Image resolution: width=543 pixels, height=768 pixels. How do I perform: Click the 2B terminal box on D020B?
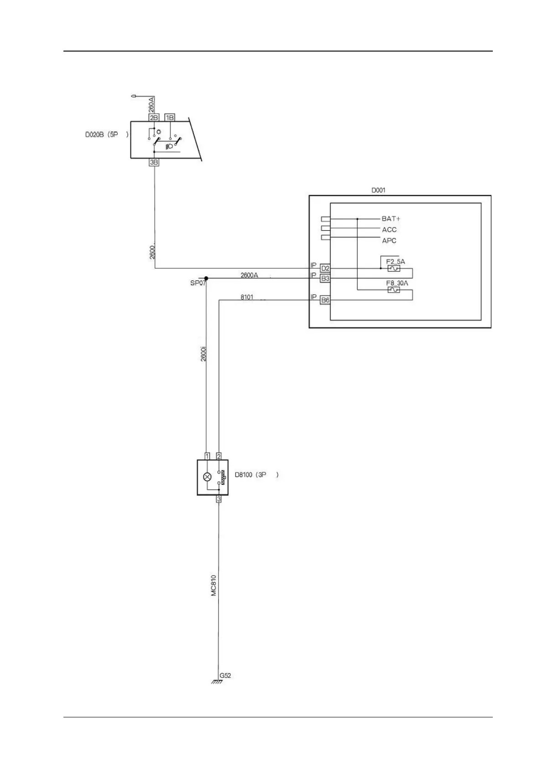tap(154, 118)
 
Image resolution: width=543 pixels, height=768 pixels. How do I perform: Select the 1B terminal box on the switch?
tap(170, 118)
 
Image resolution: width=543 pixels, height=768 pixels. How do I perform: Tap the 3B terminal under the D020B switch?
tap(154, 162)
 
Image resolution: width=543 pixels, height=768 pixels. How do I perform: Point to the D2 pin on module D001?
tap(325, 268)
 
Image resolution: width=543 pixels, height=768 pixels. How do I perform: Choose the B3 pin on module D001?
tap(325, 278)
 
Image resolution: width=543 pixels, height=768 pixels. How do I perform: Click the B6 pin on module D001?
tap(325, 300)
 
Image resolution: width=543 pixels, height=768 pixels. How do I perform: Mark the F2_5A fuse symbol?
tap(393, 269)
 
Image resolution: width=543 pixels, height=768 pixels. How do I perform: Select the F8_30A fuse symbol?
tap(393, 290)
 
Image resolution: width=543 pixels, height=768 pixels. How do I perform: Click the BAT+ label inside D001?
tap(391, 219)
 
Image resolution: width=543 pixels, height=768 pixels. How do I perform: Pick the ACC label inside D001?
tap(389, 230)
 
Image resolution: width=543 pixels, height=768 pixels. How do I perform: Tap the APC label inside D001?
tap(389, 241)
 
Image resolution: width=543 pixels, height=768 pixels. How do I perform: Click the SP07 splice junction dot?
tap(206, 278)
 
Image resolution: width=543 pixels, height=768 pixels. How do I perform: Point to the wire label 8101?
tap(247, 297)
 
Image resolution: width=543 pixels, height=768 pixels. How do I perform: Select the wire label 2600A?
tap(249, 275)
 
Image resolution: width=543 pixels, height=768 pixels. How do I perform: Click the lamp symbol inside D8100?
tap(207, 477)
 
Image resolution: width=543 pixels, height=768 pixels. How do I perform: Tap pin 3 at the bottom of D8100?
tap(219, 499)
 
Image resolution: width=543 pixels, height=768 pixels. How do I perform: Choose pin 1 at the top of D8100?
tap(207, 456)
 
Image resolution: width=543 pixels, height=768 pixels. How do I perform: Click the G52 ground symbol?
tap(217, 682)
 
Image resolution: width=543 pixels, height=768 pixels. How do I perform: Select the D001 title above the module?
tap(378, 190)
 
